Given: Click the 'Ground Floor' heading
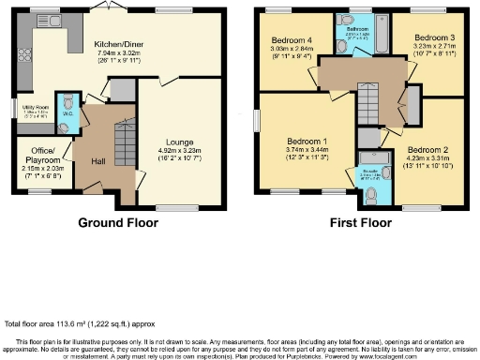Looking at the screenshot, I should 117,225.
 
